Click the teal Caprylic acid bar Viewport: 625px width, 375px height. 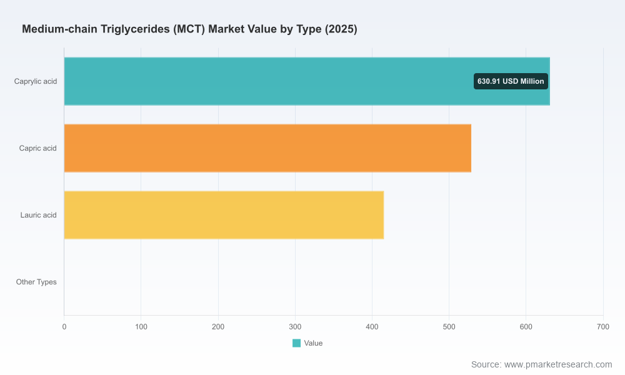pos(307,81)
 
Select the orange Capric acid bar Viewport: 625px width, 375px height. pos(267,148)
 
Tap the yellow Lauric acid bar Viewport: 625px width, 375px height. pos(224,215)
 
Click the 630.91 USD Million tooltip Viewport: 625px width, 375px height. pos(511,81)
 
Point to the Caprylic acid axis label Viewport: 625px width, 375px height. pos(36,81)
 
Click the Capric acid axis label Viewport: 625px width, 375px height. pos(38,148)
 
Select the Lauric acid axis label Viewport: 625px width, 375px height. pos(38,215)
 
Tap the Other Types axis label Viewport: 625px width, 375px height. pos(36,282)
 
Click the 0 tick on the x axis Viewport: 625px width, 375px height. pos(64,327)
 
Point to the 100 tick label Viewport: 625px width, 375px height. pos(141,327)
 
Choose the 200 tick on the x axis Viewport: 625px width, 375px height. pos(218,327)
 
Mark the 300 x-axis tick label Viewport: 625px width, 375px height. pos(295,327)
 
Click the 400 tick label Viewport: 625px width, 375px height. pos(372,327)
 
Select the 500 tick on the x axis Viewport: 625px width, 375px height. pos(449,327)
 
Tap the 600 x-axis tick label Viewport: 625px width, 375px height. pos(526,327)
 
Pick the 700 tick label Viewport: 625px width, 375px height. pos(603,327)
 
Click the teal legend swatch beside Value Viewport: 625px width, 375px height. pos(296,343)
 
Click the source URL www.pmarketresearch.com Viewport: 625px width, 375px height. pos(558,364)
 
